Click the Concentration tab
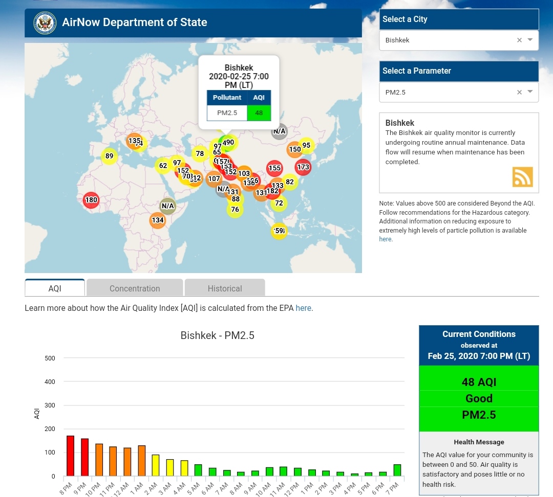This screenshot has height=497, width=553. tap(135, 288)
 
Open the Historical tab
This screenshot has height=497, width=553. tap(225, 288)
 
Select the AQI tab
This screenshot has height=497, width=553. tap(55, 288)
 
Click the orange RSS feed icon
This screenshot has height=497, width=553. tap(522, 177)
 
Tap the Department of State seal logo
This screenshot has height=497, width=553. tap(45, 23)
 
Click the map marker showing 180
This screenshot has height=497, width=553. tap(91, 200)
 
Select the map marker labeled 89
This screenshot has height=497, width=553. tap(109, 156)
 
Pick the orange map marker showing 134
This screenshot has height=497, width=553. tap(158, 220)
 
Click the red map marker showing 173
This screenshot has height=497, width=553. tap(303, 167)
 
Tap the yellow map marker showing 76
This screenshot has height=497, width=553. tap(235, 210)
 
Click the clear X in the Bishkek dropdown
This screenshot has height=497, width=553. tap(519, 40)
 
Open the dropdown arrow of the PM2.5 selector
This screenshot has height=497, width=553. tap(530, 92)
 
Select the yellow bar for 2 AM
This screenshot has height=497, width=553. tap(156, 465)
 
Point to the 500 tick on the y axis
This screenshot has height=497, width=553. tap(50, 358)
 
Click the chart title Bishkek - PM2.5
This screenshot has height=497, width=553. tap(217, 336)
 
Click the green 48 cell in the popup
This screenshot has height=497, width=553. tap(259, 113)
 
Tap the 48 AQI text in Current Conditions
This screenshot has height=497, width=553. tap(479, 382)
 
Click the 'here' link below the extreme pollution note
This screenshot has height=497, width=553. tap(385, 239)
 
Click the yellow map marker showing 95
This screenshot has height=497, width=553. tap(306, 145)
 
